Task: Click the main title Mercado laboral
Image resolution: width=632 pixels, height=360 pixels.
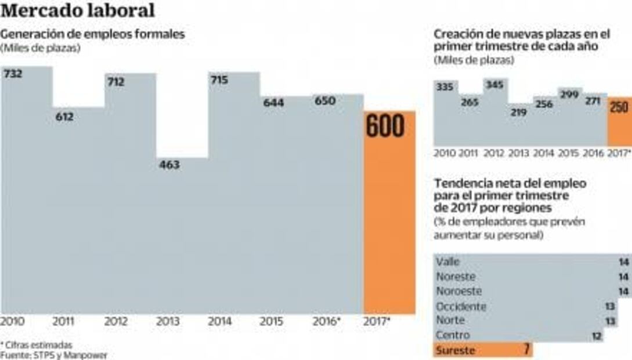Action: coord(78,10)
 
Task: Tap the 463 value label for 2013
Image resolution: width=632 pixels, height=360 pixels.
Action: coord(169,165)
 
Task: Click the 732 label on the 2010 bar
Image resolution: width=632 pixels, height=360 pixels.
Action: coord(13,74)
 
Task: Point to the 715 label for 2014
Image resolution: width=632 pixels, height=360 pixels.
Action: coord(220,81)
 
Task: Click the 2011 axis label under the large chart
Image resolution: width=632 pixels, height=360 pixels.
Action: coord(63,321)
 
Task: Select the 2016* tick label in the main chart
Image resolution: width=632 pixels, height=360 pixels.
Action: coord(326,321)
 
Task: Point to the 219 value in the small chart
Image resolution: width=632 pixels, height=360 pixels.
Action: coord(519,112)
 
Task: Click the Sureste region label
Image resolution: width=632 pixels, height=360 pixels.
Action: coord(455,350)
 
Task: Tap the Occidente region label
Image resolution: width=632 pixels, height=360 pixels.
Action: coord(461,306)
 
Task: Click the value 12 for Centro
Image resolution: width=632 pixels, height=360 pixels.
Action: coord(597,336)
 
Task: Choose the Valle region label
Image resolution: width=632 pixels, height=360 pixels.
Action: coord(447,262)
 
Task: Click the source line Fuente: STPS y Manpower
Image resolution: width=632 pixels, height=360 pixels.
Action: coord(54,355)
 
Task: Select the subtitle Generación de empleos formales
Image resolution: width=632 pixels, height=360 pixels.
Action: coord(93,34)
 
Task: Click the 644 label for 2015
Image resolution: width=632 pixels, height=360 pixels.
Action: coord(273,103)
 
